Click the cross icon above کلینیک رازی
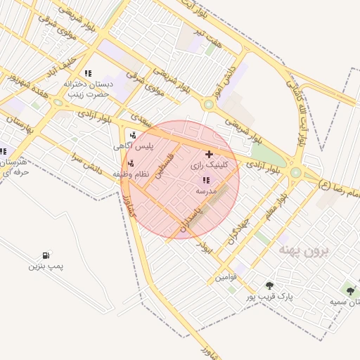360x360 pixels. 207,154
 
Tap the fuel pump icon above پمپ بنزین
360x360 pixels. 46,255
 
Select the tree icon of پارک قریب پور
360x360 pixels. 269,285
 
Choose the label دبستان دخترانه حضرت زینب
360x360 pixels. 87,88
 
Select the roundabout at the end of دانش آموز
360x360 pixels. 209,105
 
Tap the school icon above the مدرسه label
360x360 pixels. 205,181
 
